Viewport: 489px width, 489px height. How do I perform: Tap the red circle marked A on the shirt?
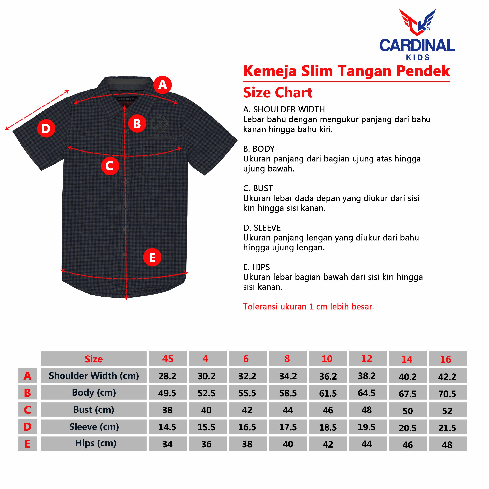click(162, 85)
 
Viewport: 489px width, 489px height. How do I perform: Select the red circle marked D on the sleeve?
click(46, 128)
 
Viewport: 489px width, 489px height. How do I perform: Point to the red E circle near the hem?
click(152, 257)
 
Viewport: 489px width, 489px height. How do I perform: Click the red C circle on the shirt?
click(110, 166)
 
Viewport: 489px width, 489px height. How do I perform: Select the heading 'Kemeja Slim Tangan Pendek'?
click(346, 71)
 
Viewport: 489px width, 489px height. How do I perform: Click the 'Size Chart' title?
click(278, 93)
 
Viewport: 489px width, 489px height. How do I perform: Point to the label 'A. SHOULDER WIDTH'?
click(284, 109)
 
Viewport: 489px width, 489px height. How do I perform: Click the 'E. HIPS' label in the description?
click(256, 267)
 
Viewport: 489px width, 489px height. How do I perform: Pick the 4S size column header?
click(168, 358)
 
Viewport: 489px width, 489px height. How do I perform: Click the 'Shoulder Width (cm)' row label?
click(94, 376)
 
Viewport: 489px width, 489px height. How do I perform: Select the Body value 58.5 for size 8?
click(288, 393)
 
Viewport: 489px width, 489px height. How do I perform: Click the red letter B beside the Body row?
click(27, 393)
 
